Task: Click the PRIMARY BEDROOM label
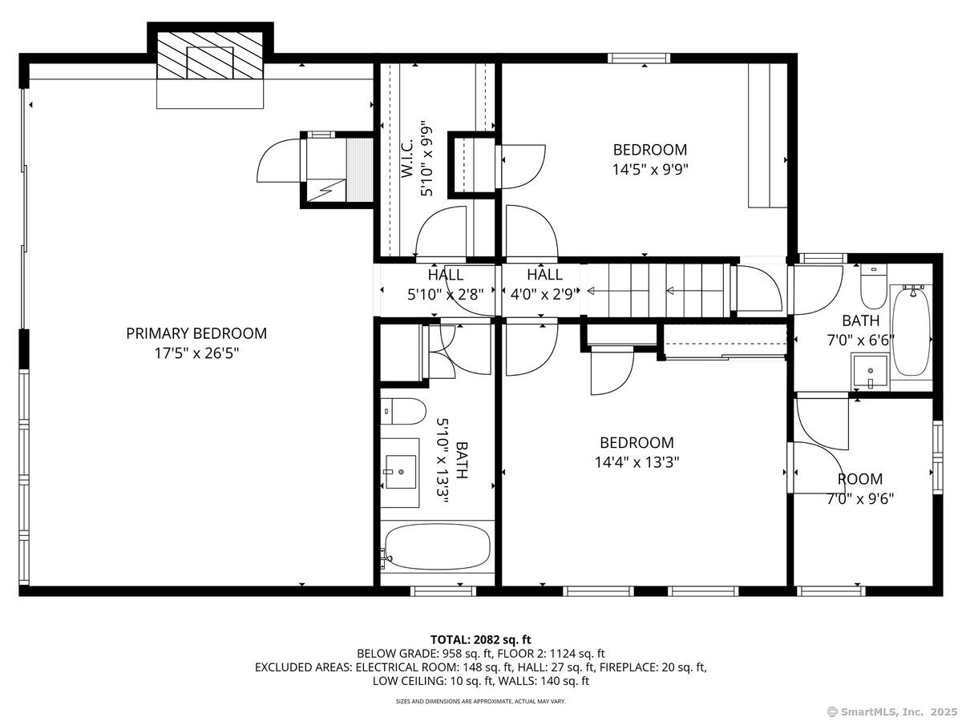coord(196,333)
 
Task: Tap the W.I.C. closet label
coord(407,159)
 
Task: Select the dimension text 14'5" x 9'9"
coord(650,169)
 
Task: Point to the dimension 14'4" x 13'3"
coord(637,462)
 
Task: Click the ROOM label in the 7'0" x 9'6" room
coord(860,479)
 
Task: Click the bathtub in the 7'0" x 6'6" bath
coord(911,332)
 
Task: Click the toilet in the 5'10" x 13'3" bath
coord(402,411)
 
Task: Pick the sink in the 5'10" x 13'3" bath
coord(401,472)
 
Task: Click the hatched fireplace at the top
coord(210,54)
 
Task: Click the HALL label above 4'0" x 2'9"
coord(544,275)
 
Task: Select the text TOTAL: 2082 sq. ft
coord(481,640)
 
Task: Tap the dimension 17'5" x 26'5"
coord(196,352)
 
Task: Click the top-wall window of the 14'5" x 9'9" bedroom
coord(639,58)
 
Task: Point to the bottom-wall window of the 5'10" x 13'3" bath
coord(443,591)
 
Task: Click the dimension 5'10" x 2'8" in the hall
coord(445,295)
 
